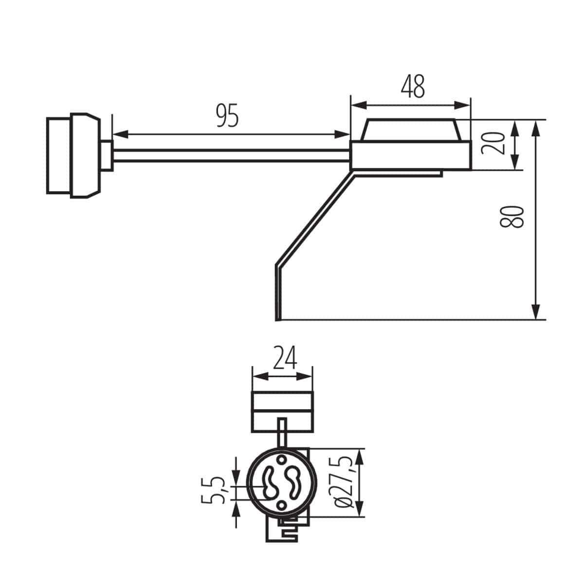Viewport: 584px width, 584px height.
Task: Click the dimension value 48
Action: pos(413,87)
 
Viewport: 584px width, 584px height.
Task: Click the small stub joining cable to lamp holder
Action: pos(107,156)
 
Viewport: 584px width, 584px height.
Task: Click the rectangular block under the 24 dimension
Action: pos(282,411)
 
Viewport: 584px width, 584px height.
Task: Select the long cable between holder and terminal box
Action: pos(231,156)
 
